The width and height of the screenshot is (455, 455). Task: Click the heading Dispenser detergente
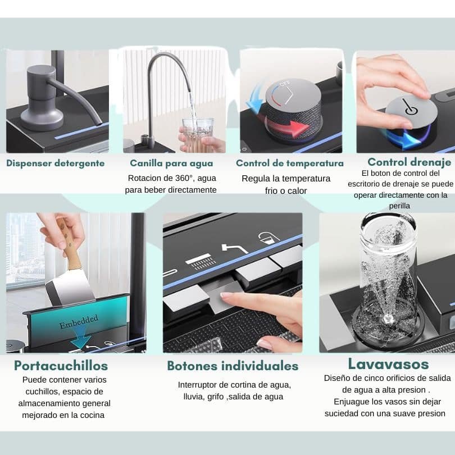[56, 163]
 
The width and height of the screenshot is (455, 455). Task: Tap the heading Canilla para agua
[171, 163]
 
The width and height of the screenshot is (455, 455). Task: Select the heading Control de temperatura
[290, 163]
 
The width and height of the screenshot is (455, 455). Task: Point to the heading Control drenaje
[409, 162]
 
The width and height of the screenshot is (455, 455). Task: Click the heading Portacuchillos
[61, 366]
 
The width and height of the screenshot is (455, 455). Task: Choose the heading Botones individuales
[233, 366]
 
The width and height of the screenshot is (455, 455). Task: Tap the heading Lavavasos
[388, 364]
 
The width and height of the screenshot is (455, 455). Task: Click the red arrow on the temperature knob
[287, 125]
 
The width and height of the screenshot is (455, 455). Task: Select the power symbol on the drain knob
[410, 107]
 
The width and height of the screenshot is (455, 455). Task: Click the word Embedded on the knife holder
[79, 321]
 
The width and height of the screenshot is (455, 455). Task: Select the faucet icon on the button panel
[234, 248]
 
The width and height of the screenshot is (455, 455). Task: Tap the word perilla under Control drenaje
[399, 206]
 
